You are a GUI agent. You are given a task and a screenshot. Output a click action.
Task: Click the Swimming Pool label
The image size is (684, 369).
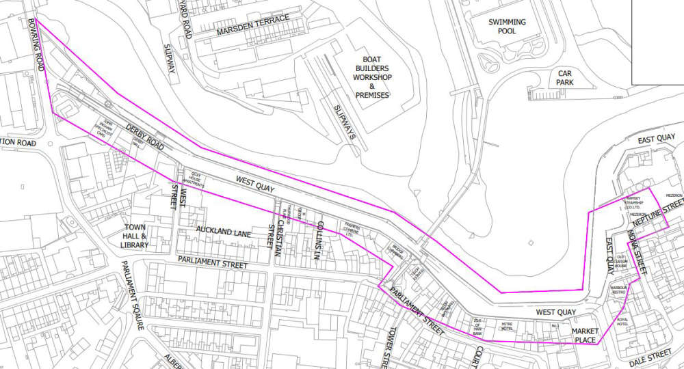[507, 27]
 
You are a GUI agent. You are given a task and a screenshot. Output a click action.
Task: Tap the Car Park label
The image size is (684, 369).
[564, 77]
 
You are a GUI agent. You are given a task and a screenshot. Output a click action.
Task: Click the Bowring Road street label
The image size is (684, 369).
[36, 44]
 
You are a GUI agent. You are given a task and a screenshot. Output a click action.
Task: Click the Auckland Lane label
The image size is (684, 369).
[224, 234]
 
